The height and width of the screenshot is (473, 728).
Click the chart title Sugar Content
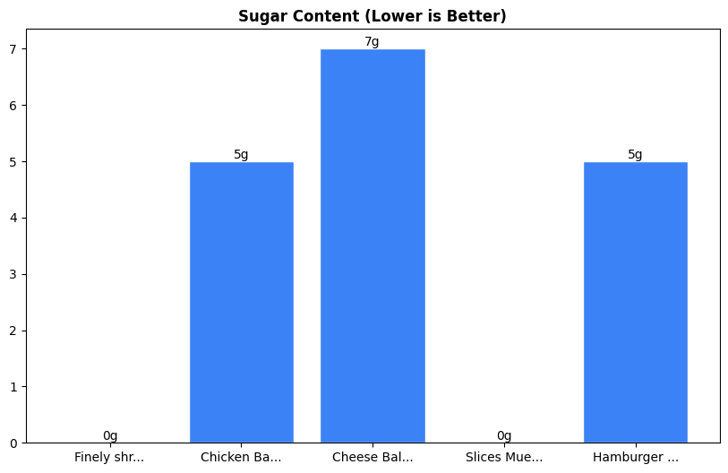coord(373,16)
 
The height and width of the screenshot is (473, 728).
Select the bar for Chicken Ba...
coord(242,302)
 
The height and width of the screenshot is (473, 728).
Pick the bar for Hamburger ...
coord(635,302)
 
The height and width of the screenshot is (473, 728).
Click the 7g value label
coord(373,42)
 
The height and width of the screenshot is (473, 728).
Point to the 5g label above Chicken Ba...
coord(242,154)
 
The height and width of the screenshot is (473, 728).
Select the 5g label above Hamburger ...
coord(635,154)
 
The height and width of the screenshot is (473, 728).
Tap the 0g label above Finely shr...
coord(110,435)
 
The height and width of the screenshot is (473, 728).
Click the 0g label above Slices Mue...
coord(504,435)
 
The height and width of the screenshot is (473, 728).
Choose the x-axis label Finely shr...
coord(109,457)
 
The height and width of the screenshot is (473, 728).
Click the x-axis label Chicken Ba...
coord(241,457)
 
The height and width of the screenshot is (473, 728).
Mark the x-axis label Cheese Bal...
coord(373,457)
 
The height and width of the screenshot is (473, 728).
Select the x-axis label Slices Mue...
coord(504,457)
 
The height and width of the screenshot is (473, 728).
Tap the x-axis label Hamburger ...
coord(635,457)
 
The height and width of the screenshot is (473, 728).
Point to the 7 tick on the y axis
coord(14,49)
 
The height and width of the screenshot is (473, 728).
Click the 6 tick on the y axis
coord(14,106)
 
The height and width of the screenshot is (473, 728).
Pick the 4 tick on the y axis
coord(14,218)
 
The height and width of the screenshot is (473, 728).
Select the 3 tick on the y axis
coord(14,274)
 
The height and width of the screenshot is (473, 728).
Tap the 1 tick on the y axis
coord(14,387)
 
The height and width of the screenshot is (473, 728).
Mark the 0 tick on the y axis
coord(14,443)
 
